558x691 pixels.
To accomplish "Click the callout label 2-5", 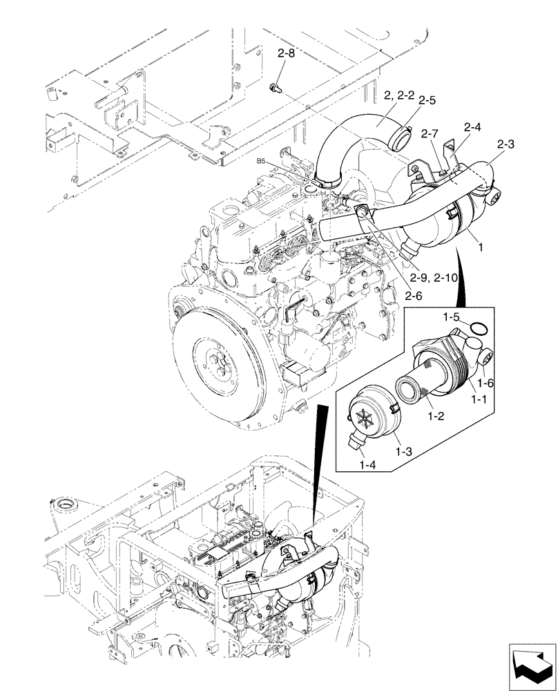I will (x=426, y=100).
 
